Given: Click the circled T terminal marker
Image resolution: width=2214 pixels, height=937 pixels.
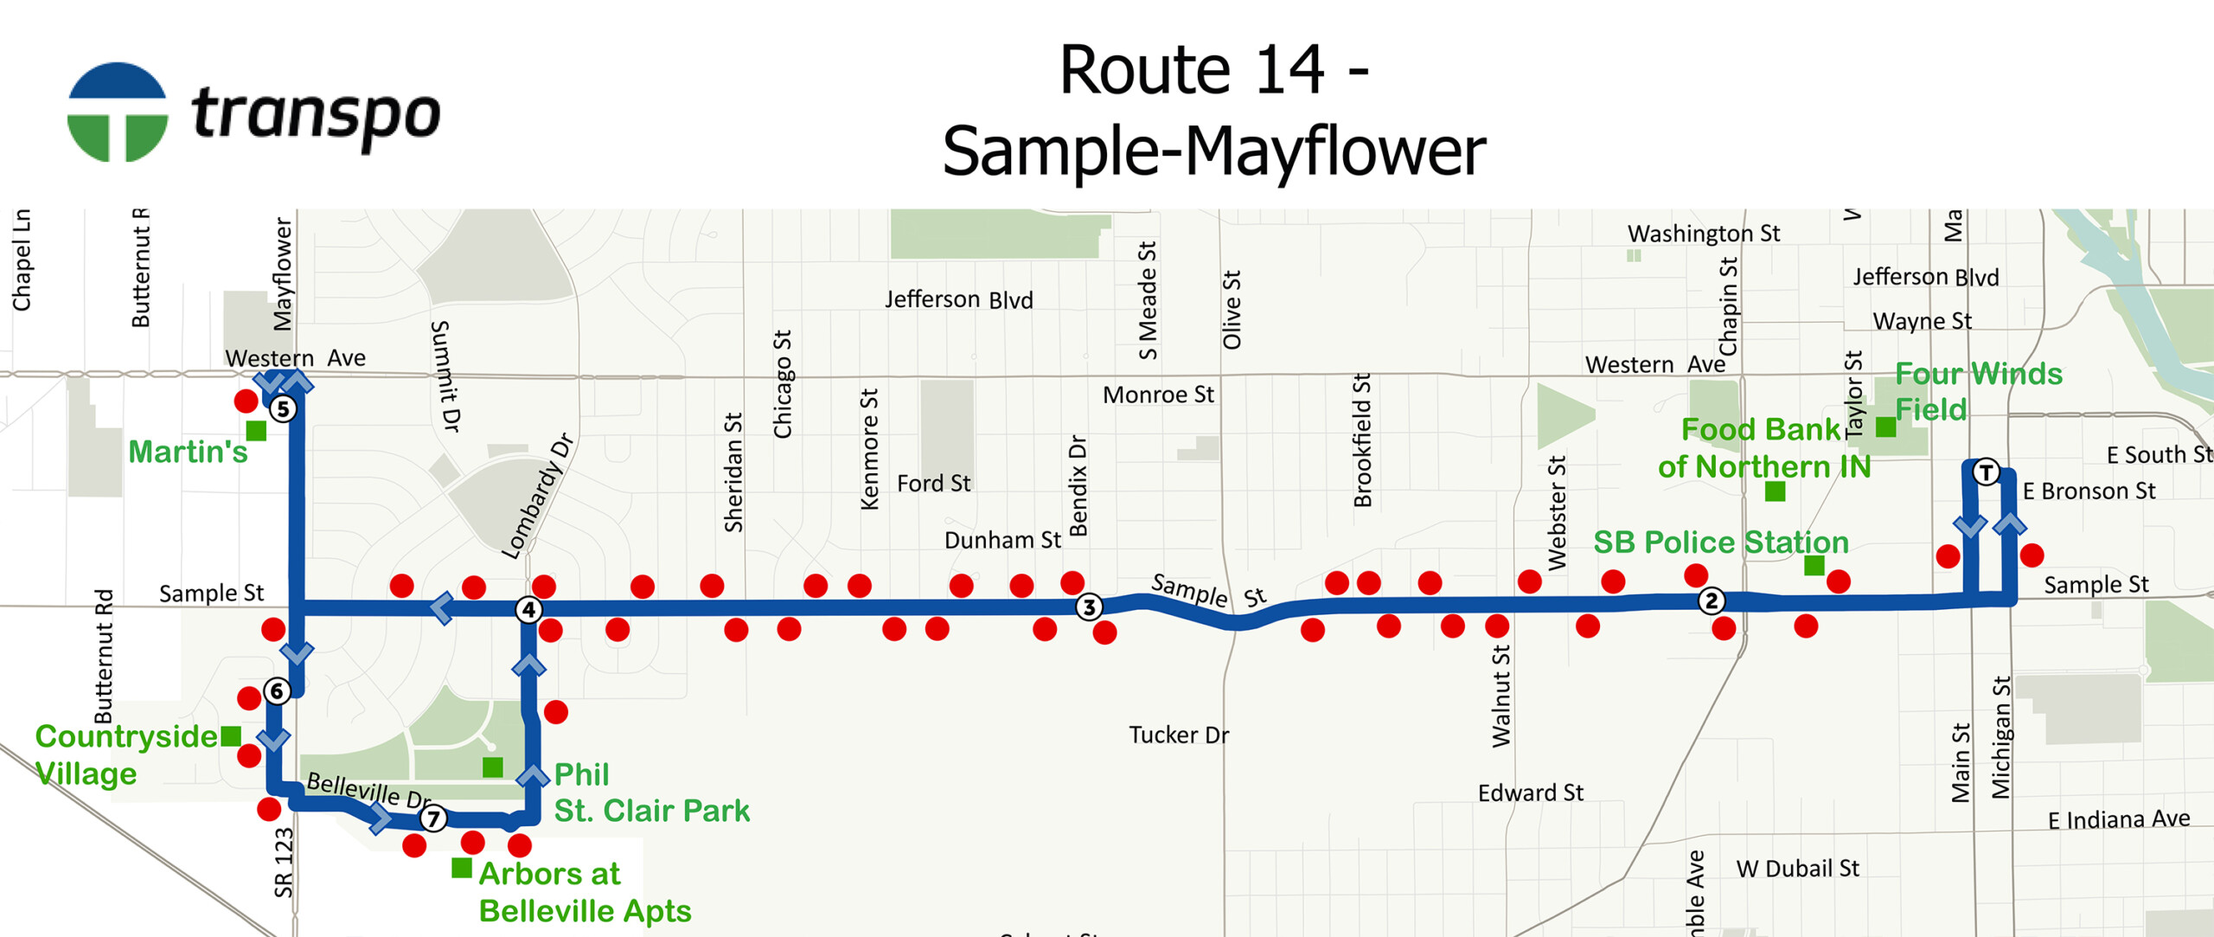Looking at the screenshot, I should (1986, 473).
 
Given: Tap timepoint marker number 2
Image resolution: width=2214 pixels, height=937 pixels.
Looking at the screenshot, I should (1711, 600).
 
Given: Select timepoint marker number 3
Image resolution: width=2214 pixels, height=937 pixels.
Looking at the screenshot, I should (1089, 607).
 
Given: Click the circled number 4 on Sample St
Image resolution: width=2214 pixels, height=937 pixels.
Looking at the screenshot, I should (528, 610).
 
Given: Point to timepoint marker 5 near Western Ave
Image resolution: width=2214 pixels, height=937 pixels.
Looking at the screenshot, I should (283, 408).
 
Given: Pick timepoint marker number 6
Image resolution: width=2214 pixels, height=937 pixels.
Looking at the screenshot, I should (277, 690).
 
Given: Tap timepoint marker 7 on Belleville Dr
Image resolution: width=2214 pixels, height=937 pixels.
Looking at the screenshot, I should (433, 818).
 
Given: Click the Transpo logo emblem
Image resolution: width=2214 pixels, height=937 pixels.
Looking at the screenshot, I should (118, 112).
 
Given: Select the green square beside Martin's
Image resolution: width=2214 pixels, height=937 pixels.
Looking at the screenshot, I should (256, 430).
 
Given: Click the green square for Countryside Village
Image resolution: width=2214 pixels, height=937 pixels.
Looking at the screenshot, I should (231, 736).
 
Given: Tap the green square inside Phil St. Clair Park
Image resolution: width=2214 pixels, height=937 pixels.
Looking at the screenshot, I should (493, 767).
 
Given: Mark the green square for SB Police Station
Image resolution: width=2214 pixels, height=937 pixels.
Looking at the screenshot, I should (1814, 566).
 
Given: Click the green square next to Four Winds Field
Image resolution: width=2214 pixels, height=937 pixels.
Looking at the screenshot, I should (1885, 427).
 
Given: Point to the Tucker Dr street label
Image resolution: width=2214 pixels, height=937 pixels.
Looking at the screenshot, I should (1179, 735).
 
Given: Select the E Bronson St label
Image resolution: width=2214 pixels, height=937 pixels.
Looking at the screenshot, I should (2089, 491).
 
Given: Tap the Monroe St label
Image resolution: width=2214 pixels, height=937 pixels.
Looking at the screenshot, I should (1158, 395).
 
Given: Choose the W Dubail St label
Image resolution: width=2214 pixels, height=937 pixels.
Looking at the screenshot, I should (1797, 869).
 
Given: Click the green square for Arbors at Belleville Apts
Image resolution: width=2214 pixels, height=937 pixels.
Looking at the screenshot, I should (462, 867).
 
